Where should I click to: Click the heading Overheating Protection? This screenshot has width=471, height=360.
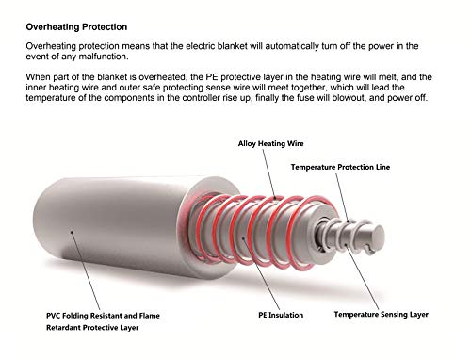76,27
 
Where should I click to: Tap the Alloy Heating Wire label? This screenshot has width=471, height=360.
270,144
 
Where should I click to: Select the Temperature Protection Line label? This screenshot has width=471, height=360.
340,167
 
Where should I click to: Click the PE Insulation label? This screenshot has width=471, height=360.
281,315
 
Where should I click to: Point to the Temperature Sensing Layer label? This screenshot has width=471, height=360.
382,315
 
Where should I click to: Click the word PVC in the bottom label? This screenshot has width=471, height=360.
54,316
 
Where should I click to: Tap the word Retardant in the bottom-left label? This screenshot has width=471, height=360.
62,328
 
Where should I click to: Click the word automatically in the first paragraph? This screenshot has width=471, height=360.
292,46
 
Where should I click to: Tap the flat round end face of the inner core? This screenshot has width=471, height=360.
377,236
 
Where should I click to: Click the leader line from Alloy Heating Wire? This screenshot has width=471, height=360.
268,173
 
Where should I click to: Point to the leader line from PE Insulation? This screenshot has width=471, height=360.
261,273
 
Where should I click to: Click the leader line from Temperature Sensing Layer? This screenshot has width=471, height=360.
362,277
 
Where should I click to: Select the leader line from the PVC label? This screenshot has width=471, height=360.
86,271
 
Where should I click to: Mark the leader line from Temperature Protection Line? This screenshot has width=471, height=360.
342,197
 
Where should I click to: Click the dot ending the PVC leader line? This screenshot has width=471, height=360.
72,232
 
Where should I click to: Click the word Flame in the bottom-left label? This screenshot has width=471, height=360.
149,316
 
